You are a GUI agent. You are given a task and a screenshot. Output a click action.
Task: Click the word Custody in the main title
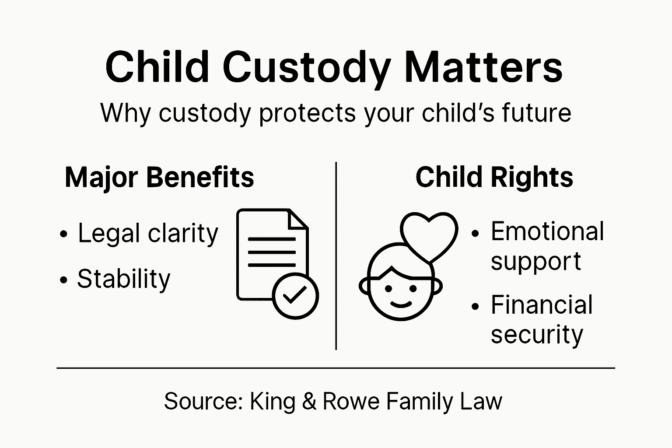[x=306, y=68]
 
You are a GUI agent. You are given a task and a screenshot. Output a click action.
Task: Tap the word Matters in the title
[x=483, y=68]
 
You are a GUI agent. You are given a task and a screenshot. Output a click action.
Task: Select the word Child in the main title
[x=157, y=68]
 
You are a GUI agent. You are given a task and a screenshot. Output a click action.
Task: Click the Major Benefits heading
[x=159, y=177]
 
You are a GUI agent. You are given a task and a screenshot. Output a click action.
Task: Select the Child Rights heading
[x=494, y=177]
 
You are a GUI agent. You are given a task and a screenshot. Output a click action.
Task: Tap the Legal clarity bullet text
[x=148, y=233]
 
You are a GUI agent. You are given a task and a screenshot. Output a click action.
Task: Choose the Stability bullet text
[x=124, y=279]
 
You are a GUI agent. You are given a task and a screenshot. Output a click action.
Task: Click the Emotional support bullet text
[x=547, y=246]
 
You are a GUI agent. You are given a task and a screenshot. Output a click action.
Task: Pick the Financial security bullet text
[x=541, y=319]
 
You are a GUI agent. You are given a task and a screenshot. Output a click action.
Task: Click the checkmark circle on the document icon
[x=295, y=296]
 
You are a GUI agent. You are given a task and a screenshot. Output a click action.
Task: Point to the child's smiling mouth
[x=401, y=304]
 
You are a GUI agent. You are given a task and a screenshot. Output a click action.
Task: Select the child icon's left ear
[x=364, y=286]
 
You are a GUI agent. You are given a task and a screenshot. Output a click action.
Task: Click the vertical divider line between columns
[x=336, y=256]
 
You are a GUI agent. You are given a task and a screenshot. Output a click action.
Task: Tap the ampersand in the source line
[x=309, y=402]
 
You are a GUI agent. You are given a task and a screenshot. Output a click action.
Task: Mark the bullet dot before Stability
[x=64, y=280]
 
